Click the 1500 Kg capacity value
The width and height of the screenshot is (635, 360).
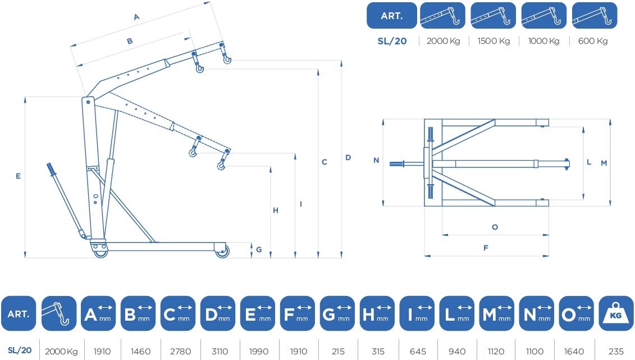pyautogui.click(x=494, y=41)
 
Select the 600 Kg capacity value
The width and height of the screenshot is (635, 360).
pyautogui.click(x=593, y=41)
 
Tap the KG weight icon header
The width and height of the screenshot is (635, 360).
pyautogui.click(x=615, y=313)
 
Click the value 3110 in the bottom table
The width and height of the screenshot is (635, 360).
pyautogui.click(x=220, y=351)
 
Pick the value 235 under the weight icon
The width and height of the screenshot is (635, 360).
pyautogui.click(x=616, y=351)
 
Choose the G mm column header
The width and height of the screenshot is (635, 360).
pyautogui.click(x=337, y=313)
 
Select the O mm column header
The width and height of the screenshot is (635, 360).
pyautogui.click(x=576, y=313)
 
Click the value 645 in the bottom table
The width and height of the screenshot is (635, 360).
pyautogui.click(x=418, y=351)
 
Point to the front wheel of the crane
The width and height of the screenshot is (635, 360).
pyautogui.click(x=222, y=251)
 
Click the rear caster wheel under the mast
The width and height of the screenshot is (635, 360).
pyautogui.click(x=100, y=252)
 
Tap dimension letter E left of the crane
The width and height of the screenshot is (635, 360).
pyautogui.click(x=18, y=176)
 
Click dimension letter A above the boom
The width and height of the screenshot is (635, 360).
pyautogui.click(x=136, y=17)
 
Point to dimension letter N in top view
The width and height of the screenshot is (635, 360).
pyautogui.click(x=376, y=161)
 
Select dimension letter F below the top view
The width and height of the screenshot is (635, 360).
pyautogui.click(x=486, y=248)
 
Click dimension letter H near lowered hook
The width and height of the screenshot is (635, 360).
pyautogui.click(x=275, y=211)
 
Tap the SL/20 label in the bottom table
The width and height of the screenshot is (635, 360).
pyautogui.click(x=20, y=350)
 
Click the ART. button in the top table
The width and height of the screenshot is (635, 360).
pyautogui.click(x=391, y=16)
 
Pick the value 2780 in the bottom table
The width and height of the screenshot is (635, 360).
pyautogui.click(x=181, y=351)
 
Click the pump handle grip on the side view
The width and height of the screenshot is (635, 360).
pyautogui.click(x=51, y=169)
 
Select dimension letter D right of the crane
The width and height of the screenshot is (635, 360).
pyautogui.click(x=348, y=157)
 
